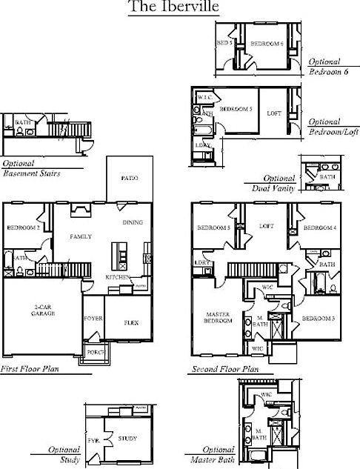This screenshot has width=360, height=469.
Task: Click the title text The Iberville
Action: (x=173, y=7)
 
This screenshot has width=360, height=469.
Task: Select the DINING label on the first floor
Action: (x=133, y=222)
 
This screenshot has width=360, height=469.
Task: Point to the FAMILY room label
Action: (x=80, y=236)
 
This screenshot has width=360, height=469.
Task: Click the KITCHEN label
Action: (x=118, y=277)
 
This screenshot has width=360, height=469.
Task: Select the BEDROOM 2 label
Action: (x=23, y=227)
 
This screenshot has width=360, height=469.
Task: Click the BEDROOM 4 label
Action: (x=319, y=227)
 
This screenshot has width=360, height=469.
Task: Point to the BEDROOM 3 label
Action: (x=319, y=318)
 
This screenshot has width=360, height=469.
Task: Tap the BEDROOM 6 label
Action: (x=267, y=44)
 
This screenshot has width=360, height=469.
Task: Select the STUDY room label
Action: (x=127, y=439)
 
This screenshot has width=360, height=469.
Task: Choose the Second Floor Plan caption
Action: (x=225, y=369)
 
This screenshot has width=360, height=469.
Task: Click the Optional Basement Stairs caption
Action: (x=31, y=168)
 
